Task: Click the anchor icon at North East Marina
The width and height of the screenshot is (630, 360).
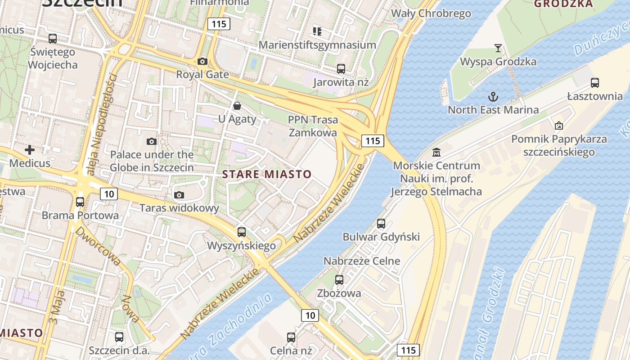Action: [493, 97]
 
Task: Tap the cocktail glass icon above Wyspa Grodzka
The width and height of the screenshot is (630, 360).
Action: [498, 48]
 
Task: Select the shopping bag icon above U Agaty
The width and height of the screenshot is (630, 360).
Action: [237, 106]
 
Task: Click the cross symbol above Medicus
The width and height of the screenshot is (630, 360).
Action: [30, 149]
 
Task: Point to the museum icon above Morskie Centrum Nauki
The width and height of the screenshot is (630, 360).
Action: [436, 153]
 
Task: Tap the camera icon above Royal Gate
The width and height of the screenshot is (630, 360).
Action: [202, 61]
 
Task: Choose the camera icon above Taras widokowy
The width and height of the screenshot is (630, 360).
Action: [179, 195]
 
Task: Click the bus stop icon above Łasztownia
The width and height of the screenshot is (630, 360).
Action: [595, 83]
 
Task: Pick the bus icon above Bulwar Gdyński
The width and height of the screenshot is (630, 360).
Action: [381, 224]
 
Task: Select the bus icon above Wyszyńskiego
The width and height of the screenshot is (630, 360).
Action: [242, 232]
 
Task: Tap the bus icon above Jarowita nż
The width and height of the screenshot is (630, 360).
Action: [341, 69]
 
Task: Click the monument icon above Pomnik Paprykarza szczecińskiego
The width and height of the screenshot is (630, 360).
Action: [559, 126]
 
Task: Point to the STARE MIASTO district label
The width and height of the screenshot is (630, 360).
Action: [267, 174]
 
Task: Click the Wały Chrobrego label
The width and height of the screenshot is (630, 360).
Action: [431, 13]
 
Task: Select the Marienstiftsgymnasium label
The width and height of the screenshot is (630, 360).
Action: [317, 45]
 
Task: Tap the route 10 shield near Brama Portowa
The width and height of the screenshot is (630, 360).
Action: [109, 194]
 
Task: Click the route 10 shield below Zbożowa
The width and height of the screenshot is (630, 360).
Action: [310, 315]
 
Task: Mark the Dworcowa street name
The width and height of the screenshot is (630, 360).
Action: [98, 247]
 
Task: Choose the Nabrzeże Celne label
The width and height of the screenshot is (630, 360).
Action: [362, 261]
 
